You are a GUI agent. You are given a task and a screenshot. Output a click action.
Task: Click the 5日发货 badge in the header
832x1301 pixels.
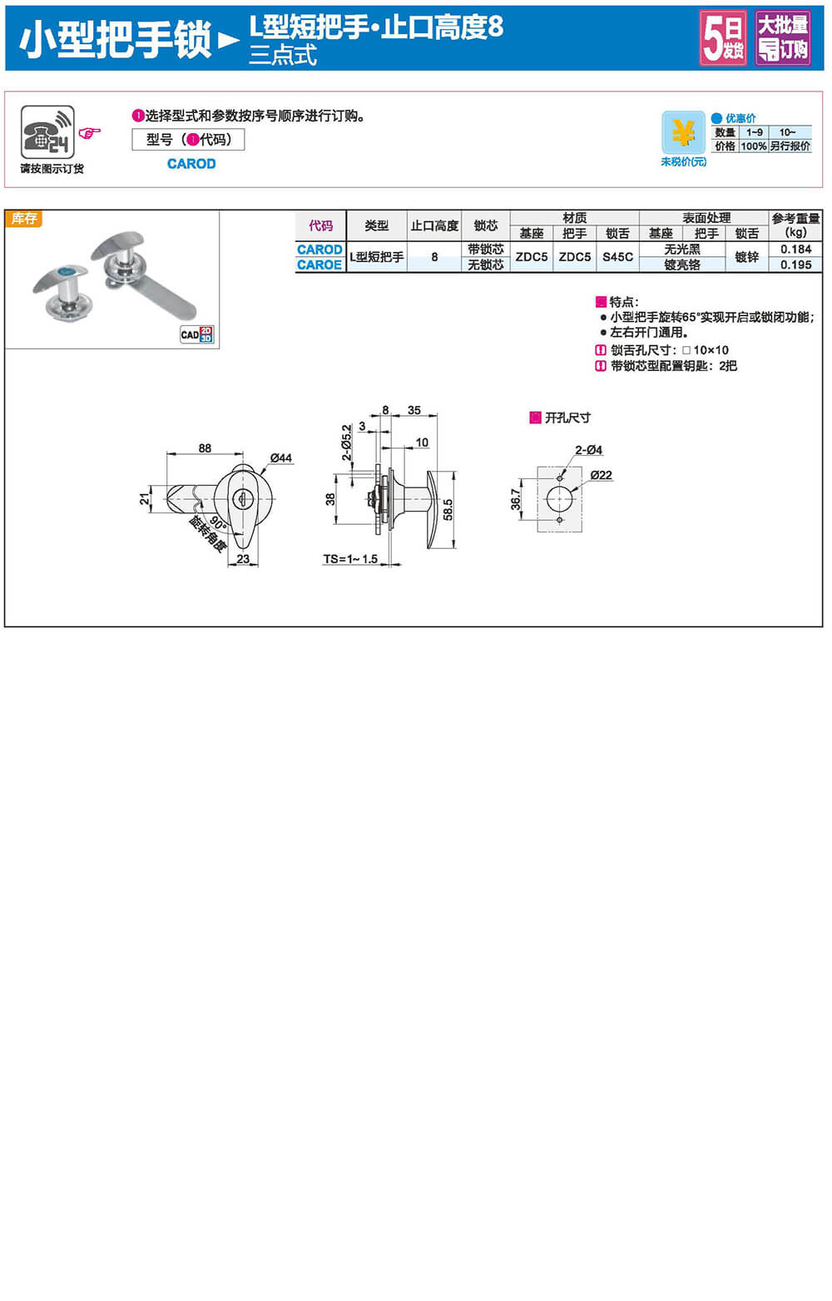tap(723, 38)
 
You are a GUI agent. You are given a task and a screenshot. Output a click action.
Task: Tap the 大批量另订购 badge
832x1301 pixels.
tap(782, 38)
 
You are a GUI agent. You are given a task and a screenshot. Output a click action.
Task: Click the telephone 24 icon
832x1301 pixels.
tap(47, 131)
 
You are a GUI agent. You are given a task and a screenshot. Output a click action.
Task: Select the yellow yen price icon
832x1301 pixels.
tap(683, 133)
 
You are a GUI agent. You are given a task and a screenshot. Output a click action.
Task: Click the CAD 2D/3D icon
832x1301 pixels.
tap(197, 334)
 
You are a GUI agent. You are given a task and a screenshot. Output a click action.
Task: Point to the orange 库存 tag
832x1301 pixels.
tap(24, 219)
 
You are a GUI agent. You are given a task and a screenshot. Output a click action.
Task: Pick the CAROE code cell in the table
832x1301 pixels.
tap(319, 265)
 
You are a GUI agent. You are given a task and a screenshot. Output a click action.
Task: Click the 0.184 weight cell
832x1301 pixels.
tap(795, 249)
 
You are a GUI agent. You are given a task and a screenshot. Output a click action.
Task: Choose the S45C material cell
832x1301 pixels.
tap(617, 257)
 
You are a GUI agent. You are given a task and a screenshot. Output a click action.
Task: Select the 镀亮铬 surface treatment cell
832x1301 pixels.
tap(682, 265)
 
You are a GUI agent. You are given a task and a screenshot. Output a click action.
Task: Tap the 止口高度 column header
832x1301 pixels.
tap(434, 225)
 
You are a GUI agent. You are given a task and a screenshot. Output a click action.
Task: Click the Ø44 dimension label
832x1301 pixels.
tap(281, 458)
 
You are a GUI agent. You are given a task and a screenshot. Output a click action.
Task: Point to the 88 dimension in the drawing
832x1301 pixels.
tap(205, 448)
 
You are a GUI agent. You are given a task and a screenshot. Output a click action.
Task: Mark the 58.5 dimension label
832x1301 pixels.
tap(448, 510)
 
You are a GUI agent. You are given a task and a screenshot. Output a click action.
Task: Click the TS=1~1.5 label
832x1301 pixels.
tap(350, 559)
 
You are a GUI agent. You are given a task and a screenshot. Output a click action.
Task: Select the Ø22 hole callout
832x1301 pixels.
tap(601, 475)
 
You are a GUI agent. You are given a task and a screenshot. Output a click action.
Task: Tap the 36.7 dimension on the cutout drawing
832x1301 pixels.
tap(516, 499)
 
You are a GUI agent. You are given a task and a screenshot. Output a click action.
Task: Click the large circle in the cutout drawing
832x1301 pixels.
tap(559, 499)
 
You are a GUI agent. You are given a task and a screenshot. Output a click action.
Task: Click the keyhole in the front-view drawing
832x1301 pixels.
tap(244, 498)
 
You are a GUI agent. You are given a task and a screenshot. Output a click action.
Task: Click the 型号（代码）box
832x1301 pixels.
tap(188, 140)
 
